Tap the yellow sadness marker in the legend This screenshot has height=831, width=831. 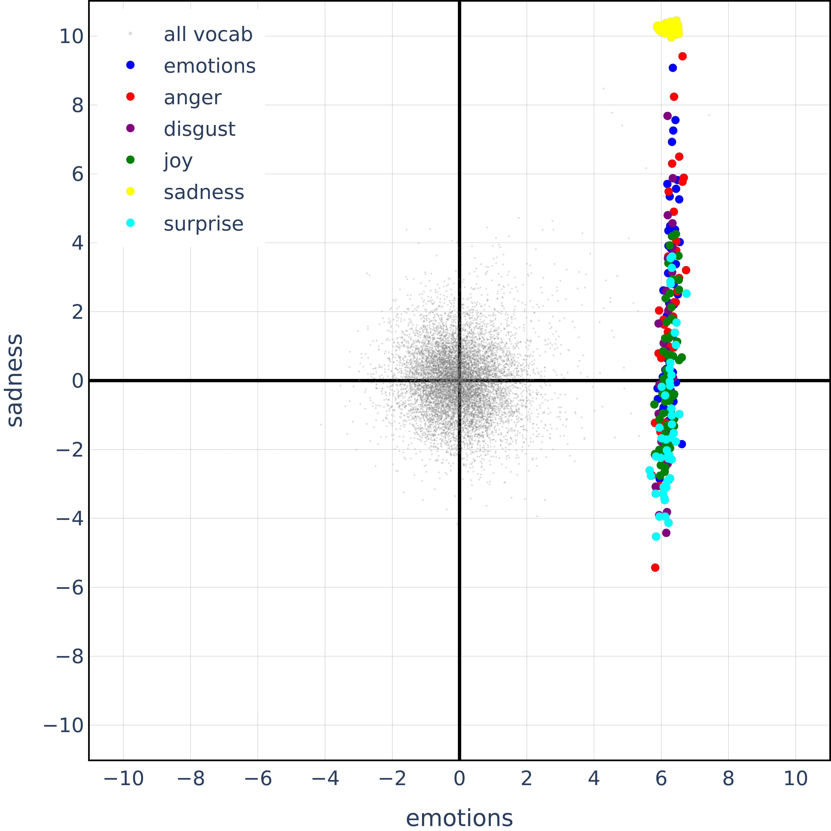(130, 191)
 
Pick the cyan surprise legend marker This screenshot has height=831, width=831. (130, 223)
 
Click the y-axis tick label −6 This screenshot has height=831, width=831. (70, 588)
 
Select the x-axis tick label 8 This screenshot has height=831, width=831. (728, 778)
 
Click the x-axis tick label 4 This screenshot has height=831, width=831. (594, 778)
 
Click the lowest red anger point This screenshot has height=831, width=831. (655, 568)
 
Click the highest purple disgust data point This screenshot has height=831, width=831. (668, 116)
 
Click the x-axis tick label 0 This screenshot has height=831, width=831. (459, 778)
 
